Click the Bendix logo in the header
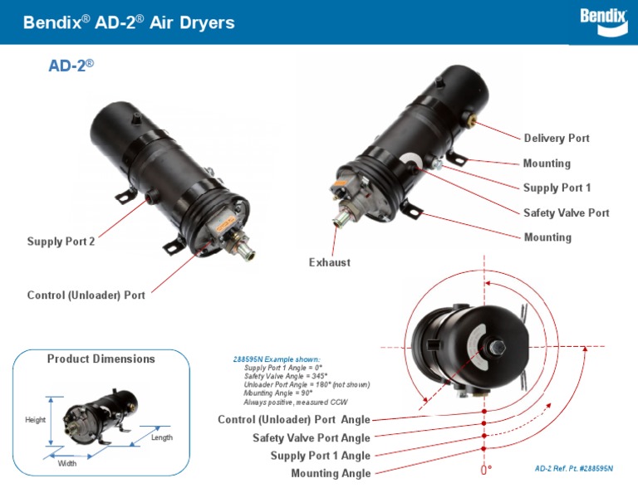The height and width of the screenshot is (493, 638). pos(601,21)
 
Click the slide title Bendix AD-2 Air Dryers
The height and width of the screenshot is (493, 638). pos(129,22)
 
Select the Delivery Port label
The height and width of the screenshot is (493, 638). pos(557,138)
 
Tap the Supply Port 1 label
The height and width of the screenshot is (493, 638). pos(557,188)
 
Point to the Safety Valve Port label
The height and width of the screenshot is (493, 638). pos(566,212)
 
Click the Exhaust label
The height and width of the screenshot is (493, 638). pos(330,262)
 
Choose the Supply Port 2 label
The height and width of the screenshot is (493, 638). pos(61,242)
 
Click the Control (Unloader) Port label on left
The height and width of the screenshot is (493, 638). pos(86,295)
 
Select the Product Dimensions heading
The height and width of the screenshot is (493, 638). pos(101,359)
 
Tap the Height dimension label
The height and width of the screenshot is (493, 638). pos(35,420)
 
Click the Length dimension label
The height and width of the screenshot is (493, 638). pos(162,437)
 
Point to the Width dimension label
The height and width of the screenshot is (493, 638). pos(67,463)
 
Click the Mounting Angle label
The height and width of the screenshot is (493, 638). pos(331,473)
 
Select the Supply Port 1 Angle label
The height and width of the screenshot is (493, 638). pos(320,456)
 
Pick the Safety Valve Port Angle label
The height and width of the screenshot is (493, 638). pos(312,437)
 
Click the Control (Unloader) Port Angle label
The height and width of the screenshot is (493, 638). pos(294,419)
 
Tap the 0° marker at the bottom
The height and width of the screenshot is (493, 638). pos(486,471)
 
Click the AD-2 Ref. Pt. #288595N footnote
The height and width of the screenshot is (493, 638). pos(573,468)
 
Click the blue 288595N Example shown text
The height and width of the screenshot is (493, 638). pos(270,359)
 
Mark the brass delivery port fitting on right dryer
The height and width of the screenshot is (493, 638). pos(474,121)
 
